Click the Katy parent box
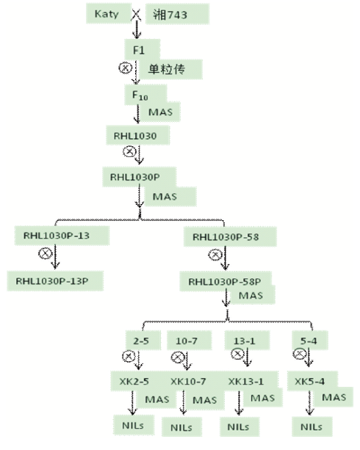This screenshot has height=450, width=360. tap(109, 13)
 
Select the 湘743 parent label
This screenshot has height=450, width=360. tap(177, 14)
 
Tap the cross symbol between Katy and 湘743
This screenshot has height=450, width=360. tap(136, 15)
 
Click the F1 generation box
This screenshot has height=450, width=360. tap(142, 49)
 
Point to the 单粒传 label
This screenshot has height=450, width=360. tap(170, 69)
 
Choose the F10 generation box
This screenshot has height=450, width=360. tap(145, 95)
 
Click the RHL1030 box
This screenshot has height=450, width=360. tap(137, 135)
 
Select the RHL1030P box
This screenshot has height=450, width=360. tap(139, 177)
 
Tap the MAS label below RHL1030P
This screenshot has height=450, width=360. tap(170, 197)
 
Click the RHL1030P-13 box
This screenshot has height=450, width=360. tap(62, 236)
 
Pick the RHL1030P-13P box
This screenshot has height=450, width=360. tap(55, 281)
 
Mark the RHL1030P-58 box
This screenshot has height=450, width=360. tap(230, 237)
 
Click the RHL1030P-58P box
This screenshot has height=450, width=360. tap(226, 282)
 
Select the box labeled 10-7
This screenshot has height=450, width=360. tap(189, 341)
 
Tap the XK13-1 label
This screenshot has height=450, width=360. tap(245, 382)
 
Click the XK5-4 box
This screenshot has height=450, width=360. tap(312, 381)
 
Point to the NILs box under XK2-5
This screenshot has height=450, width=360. tap(134, 425)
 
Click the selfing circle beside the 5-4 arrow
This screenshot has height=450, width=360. tap(299, 354)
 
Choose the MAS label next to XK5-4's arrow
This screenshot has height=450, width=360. tap(334, 397)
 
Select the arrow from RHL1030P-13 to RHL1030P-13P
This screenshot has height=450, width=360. tap(55, 258)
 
